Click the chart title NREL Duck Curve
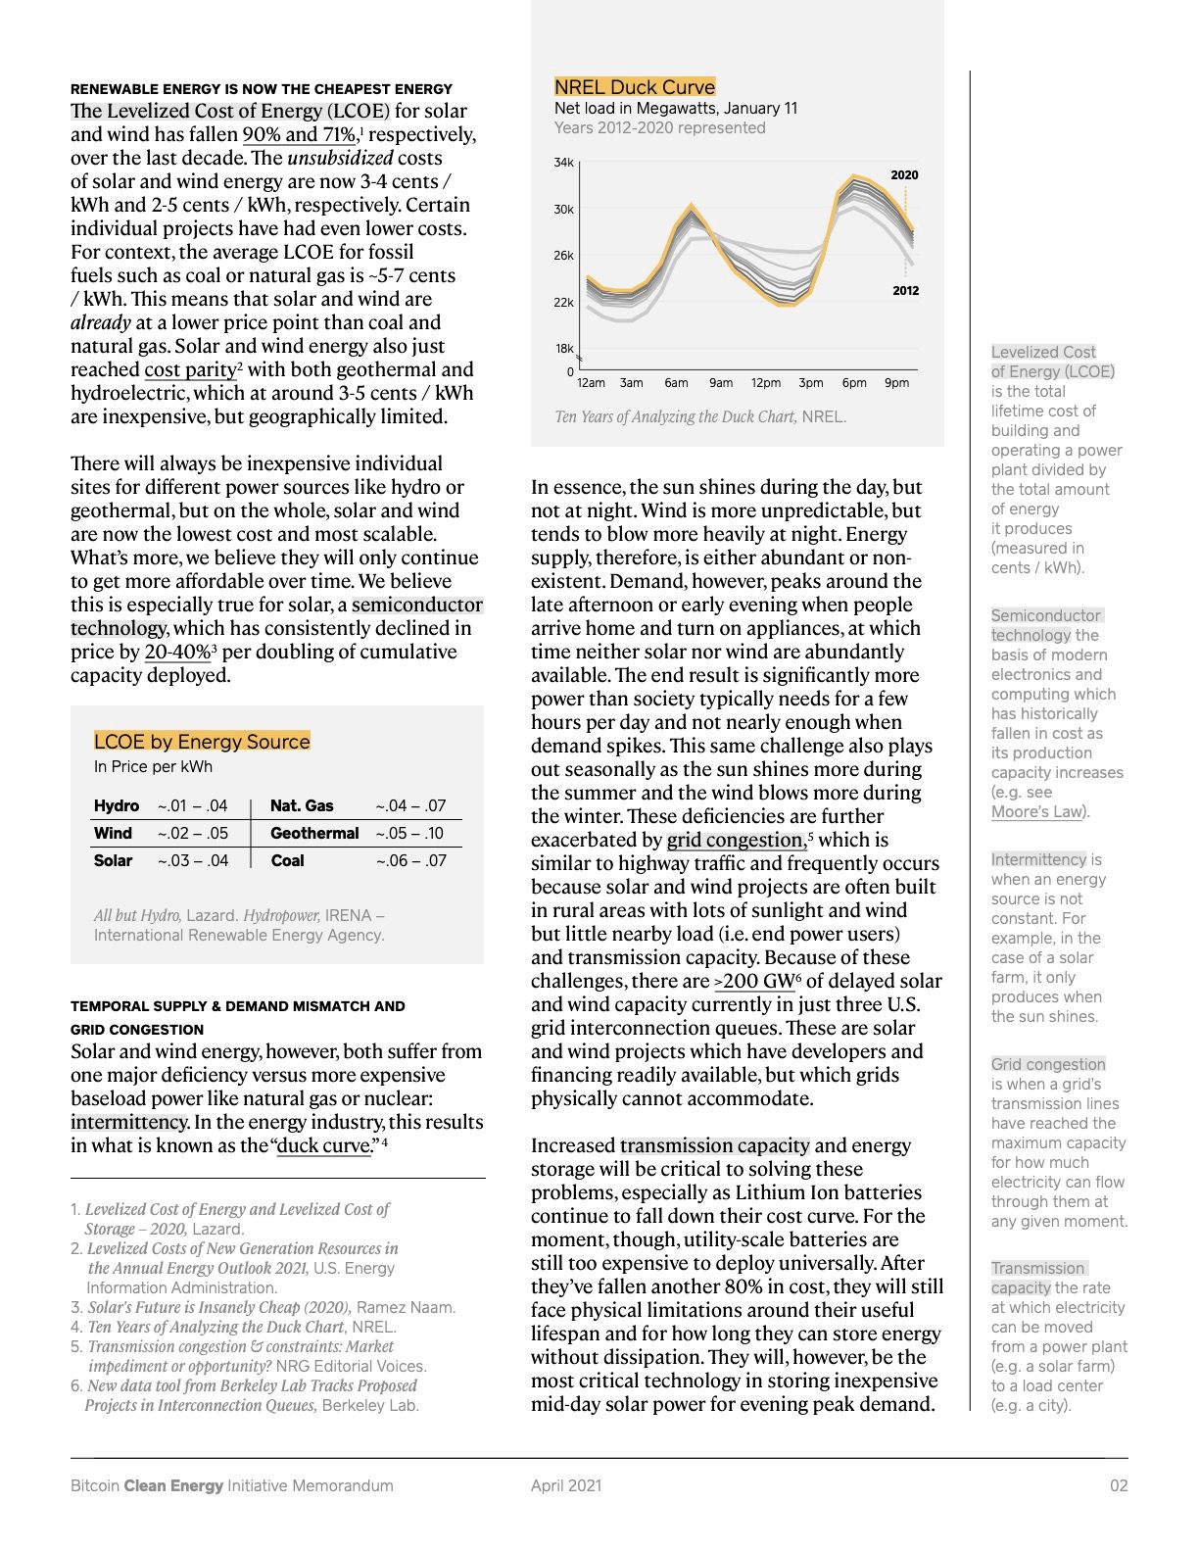coord(635,86)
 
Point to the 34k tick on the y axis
coord(563,163)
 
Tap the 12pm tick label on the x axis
coord(766,383)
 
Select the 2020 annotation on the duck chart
coord(904,175)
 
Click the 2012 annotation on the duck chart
coord(905,291)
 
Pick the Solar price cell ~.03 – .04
coord(192,860)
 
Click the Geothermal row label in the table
coord(314,833)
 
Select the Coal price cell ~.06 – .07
coord(410,860)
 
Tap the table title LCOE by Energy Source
coord(202,742)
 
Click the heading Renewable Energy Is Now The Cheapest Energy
coord(262,89)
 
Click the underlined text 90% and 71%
coord(299,135)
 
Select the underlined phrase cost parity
coord(190,370)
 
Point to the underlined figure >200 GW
coord(753,982)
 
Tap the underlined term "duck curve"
coord(325,1146)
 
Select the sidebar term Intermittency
coord(1038,859)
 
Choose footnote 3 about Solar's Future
coord(263,1307)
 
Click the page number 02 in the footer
coord(1118,1485)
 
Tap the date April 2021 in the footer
coord(566,1485)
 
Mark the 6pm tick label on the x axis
coord(854,383)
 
